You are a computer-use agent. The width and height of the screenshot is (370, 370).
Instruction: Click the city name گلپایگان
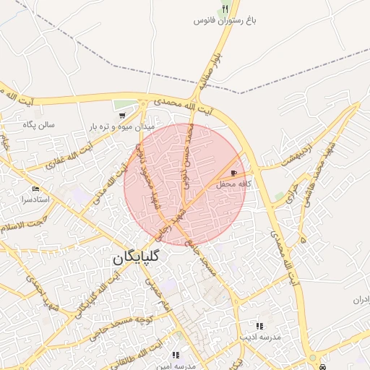click(137, 257)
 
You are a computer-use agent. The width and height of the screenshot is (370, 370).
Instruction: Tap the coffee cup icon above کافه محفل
click(233, 173)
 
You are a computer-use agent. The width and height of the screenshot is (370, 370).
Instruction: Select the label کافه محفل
click(235, 184)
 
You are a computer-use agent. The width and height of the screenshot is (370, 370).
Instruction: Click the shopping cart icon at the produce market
click(121, 115)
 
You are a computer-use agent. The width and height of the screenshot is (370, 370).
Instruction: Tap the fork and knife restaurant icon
click(225, 9)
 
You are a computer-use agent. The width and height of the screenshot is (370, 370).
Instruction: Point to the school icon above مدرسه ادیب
click(259, 326)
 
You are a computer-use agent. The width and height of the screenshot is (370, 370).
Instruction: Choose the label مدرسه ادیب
click(261, 337)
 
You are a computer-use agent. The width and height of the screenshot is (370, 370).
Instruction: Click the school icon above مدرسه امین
click(176, 356)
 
